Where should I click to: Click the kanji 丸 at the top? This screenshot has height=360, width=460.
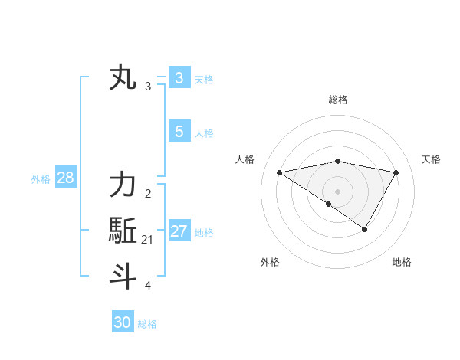[123, 79]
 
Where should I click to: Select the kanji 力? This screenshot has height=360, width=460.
[123, 185]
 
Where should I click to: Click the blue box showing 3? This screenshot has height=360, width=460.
[179, 78]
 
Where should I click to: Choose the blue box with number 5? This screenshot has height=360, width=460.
[179, 132]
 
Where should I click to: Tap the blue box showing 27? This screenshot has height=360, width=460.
[179, 231]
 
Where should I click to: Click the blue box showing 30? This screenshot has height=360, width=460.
[123, 322]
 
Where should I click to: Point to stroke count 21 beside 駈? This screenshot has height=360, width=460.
[148, 240]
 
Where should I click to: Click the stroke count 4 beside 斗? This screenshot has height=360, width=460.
[148, 286]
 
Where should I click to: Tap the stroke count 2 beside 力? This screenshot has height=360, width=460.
[148, 194]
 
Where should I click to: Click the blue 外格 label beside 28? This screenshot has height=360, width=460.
[41, 179]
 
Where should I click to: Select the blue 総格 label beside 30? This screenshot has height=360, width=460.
[147, 323]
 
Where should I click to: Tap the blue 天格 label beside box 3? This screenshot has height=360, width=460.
[204, 79]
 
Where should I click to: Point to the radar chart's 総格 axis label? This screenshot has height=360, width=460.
[338, 100]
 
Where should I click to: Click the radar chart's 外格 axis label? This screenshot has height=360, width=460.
[270, 262]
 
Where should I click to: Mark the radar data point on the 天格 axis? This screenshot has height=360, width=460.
[396, 172]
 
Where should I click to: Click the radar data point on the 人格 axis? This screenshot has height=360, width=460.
[279, 172]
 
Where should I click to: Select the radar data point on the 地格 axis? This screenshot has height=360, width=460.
[365, 229]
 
